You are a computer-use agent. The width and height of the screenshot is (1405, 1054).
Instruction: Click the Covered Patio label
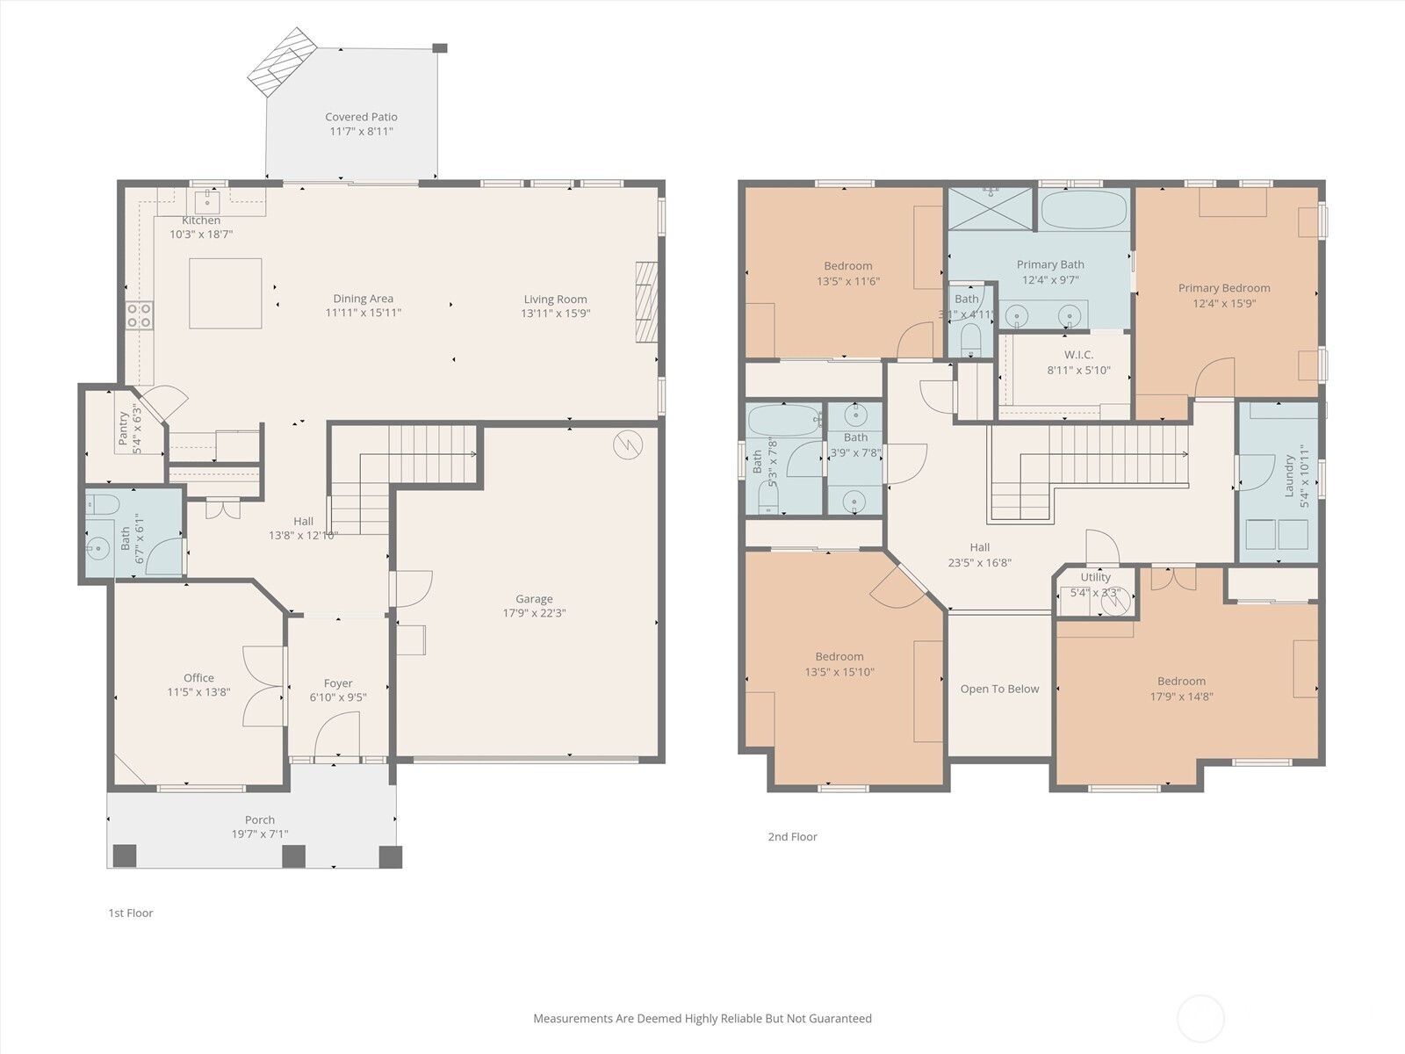pos(361,117)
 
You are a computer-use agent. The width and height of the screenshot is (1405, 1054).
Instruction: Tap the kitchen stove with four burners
pos(139,315)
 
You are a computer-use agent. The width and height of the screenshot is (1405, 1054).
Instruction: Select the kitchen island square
pos(226,293)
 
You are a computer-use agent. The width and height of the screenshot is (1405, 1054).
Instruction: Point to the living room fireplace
pos(646,302)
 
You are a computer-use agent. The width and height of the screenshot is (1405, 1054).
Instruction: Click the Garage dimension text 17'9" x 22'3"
pos(535,613)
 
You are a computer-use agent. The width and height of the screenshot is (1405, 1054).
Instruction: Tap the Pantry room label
pos(124,428)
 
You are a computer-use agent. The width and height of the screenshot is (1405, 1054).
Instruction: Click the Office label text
pos(198,678)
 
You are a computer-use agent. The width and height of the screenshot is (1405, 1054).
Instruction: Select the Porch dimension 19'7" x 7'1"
pos(260,834)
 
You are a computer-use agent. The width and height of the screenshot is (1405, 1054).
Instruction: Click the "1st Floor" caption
pos(131,913)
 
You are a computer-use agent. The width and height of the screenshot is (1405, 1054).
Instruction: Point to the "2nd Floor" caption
pos(792,836)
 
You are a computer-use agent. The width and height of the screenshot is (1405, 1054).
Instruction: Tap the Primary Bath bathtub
pos(1084,210)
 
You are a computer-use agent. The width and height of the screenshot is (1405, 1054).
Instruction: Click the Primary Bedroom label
pos(1224,288)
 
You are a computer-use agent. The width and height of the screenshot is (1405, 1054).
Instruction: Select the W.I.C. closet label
pos(1078,355)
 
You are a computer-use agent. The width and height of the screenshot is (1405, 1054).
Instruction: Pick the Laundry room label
pos(1289,475)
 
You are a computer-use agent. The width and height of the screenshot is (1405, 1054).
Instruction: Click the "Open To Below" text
pos(999,689)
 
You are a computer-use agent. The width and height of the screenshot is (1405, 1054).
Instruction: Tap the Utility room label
pos(1095,577)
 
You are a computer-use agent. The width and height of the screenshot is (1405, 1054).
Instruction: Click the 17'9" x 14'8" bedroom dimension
pos(1182,697)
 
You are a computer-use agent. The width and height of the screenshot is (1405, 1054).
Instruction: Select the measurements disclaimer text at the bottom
pos(702,1018)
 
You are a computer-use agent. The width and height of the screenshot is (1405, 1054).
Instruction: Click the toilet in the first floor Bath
pos(103,504)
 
